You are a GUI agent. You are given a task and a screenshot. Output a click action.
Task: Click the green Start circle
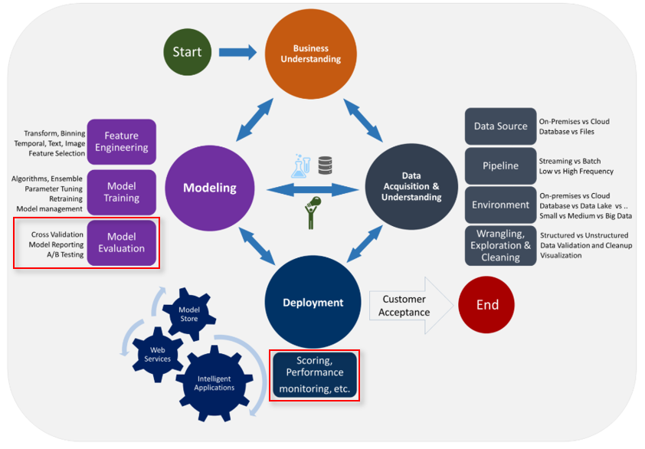[187, 52]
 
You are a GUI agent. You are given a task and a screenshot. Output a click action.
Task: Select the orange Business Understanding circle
[310, 54]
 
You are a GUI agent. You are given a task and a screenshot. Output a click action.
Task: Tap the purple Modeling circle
[210, 188]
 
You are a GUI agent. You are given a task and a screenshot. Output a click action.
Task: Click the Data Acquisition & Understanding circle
[411, 186]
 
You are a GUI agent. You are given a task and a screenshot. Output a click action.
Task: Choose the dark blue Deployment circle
[313, 302]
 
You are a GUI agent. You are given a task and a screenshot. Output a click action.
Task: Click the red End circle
[486, 304]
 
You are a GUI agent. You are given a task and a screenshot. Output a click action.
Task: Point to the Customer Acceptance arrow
[411, 306]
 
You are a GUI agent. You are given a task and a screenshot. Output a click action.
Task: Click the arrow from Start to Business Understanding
[237, 52]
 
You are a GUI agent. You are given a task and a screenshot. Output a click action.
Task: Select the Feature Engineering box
[121, 142]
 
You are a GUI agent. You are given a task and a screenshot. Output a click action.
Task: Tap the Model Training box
[121, 192]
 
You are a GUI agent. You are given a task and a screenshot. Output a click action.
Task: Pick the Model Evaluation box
[121, 242]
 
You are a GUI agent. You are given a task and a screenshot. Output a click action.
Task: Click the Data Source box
[501, 126]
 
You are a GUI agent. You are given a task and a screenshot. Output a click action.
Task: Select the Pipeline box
[501, 166]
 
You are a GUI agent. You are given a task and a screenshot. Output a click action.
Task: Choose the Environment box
[501, 205]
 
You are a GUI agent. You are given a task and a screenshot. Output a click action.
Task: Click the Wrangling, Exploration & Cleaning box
[501, 245]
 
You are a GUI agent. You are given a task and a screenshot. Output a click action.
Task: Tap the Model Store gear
[188, 314]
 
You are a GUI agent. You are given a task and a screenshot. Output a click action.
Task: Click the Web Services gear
[158, 354]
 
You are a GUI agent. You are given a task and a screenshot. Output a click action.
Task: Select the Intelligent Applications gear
[214, 383]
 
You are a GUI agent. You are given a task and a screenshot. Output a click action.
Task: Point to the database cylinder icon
[325, 165]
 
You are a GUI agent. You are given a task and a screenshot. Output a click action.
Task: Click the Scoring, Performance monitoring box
[315, 375]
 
